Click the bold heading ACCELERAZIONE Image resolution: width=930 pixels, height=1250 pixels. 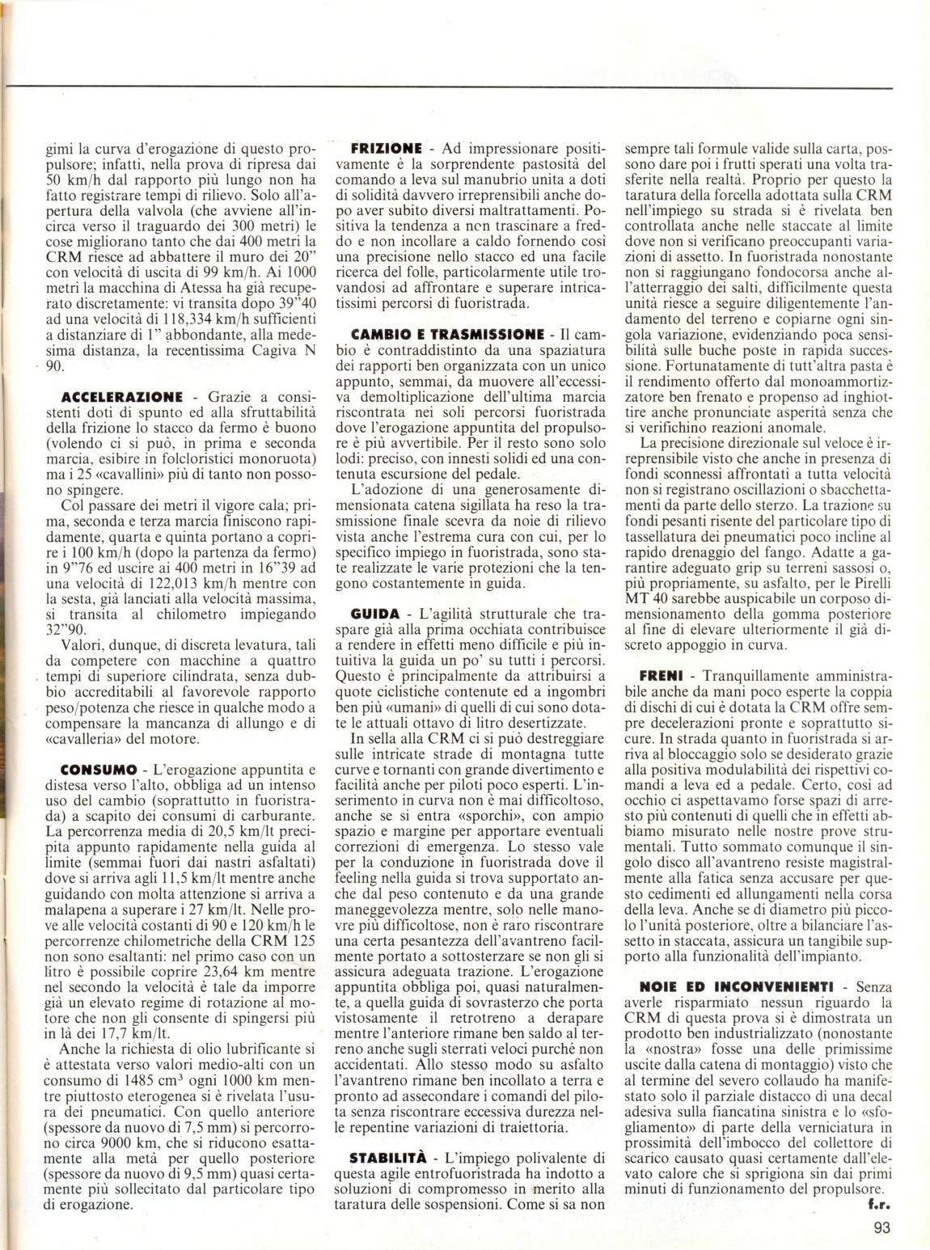pyautogui.click(x=122, y=397)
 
